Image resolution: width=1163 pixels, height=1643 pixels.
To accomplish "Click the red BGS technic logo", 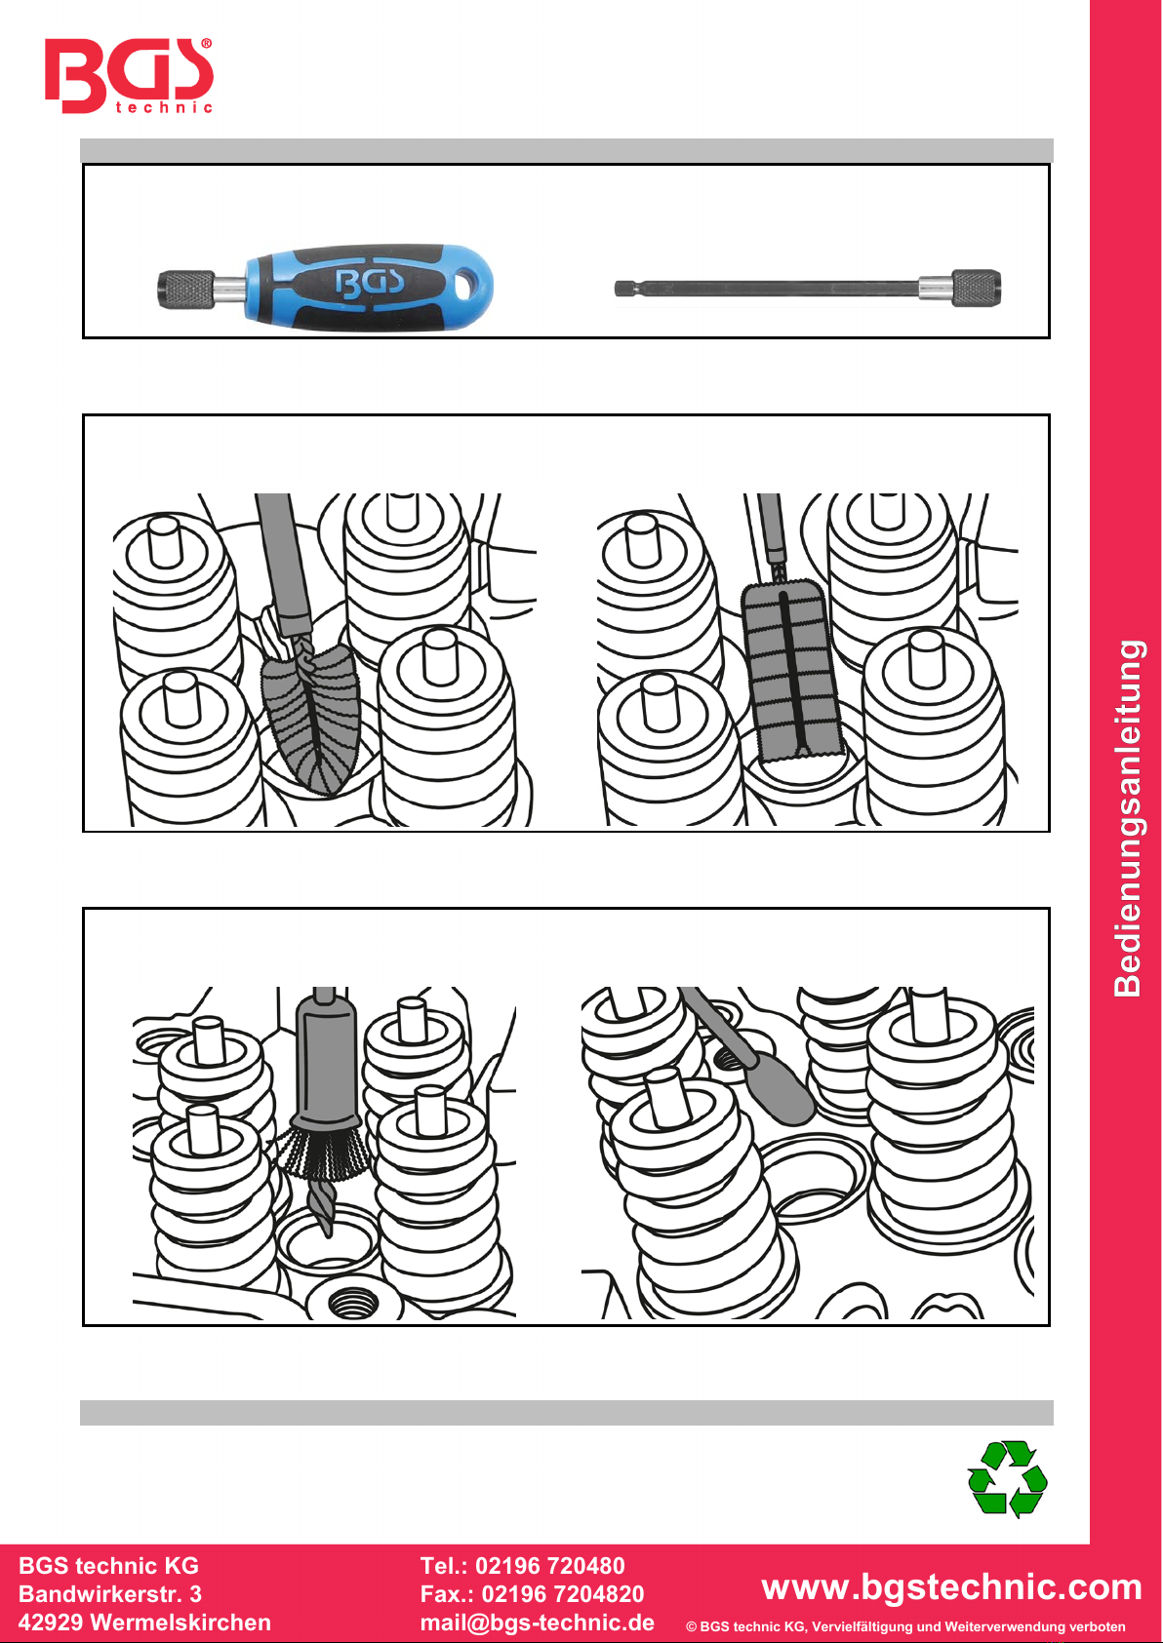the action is pos(129,76).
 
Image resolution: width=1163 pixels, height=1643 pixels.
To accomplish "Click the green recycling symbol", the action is pos(1008,1478).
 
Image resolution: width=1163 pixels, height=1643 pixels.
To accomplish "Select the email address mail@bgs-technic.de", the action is pos(538,1623).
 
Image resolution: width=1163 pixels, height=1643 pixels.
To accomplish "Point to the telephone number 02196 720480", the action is pos(550,1565).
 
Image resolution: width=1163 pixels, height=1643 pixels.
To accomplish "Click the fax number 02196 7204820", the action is pos(563,1594).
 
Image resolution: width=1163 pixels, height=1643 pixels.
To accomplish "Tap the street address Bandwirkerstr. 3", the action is pos(110,1594).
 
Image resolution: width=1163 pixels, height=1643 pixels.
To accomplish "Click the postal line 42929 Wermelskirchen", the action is pos(144,1623).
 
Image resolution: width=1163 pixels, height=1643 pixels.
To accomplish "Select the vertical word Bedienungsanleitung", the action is pos(1128,818).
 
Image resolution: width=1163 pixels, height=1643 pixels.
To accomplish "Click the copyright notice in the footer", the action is pos(905,1626).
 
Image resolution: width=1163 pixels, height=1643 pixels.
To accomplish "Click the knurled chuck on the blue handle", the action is pos(186,289).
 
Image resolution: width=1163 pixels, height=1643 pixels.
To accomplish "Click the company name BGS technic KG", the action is pos(108,1565).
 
